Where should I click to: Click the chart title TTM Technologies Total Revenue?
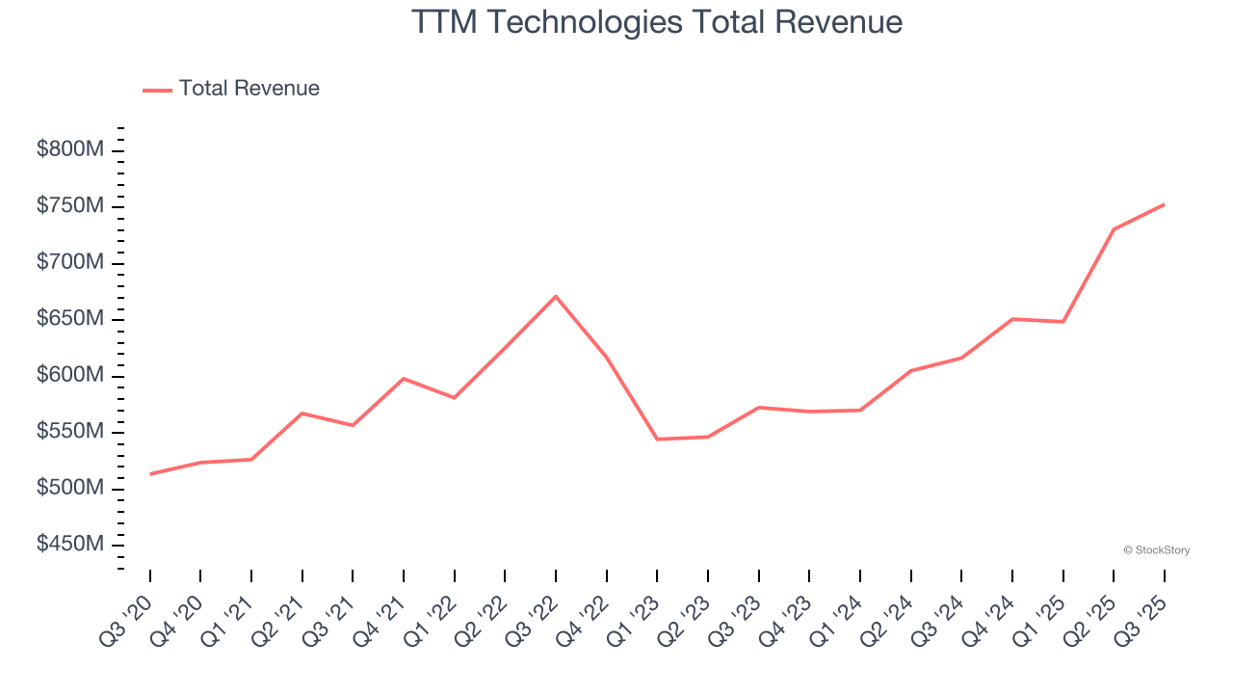click(x=657, y=22)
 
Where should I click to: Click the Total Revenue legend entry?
click(x=249, y=89)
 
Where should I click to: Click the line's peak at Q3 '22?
click(x=556, y=296)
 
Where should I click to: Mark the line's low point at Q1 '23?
click(x=657, y=440)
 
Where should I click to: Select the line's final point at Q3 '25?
click(x=1164, y=204)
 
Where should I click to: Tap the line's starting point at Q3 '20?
click(x=150, y=474)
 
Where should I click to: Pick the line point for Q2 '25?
click(x=1114, y=229)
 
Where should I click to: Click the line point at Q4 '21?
click(x=404, y=379)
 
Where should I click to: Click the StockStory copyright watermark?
click(x=1156, y=550)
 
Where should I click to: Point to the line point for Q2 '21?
click(x=302, y=414)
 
